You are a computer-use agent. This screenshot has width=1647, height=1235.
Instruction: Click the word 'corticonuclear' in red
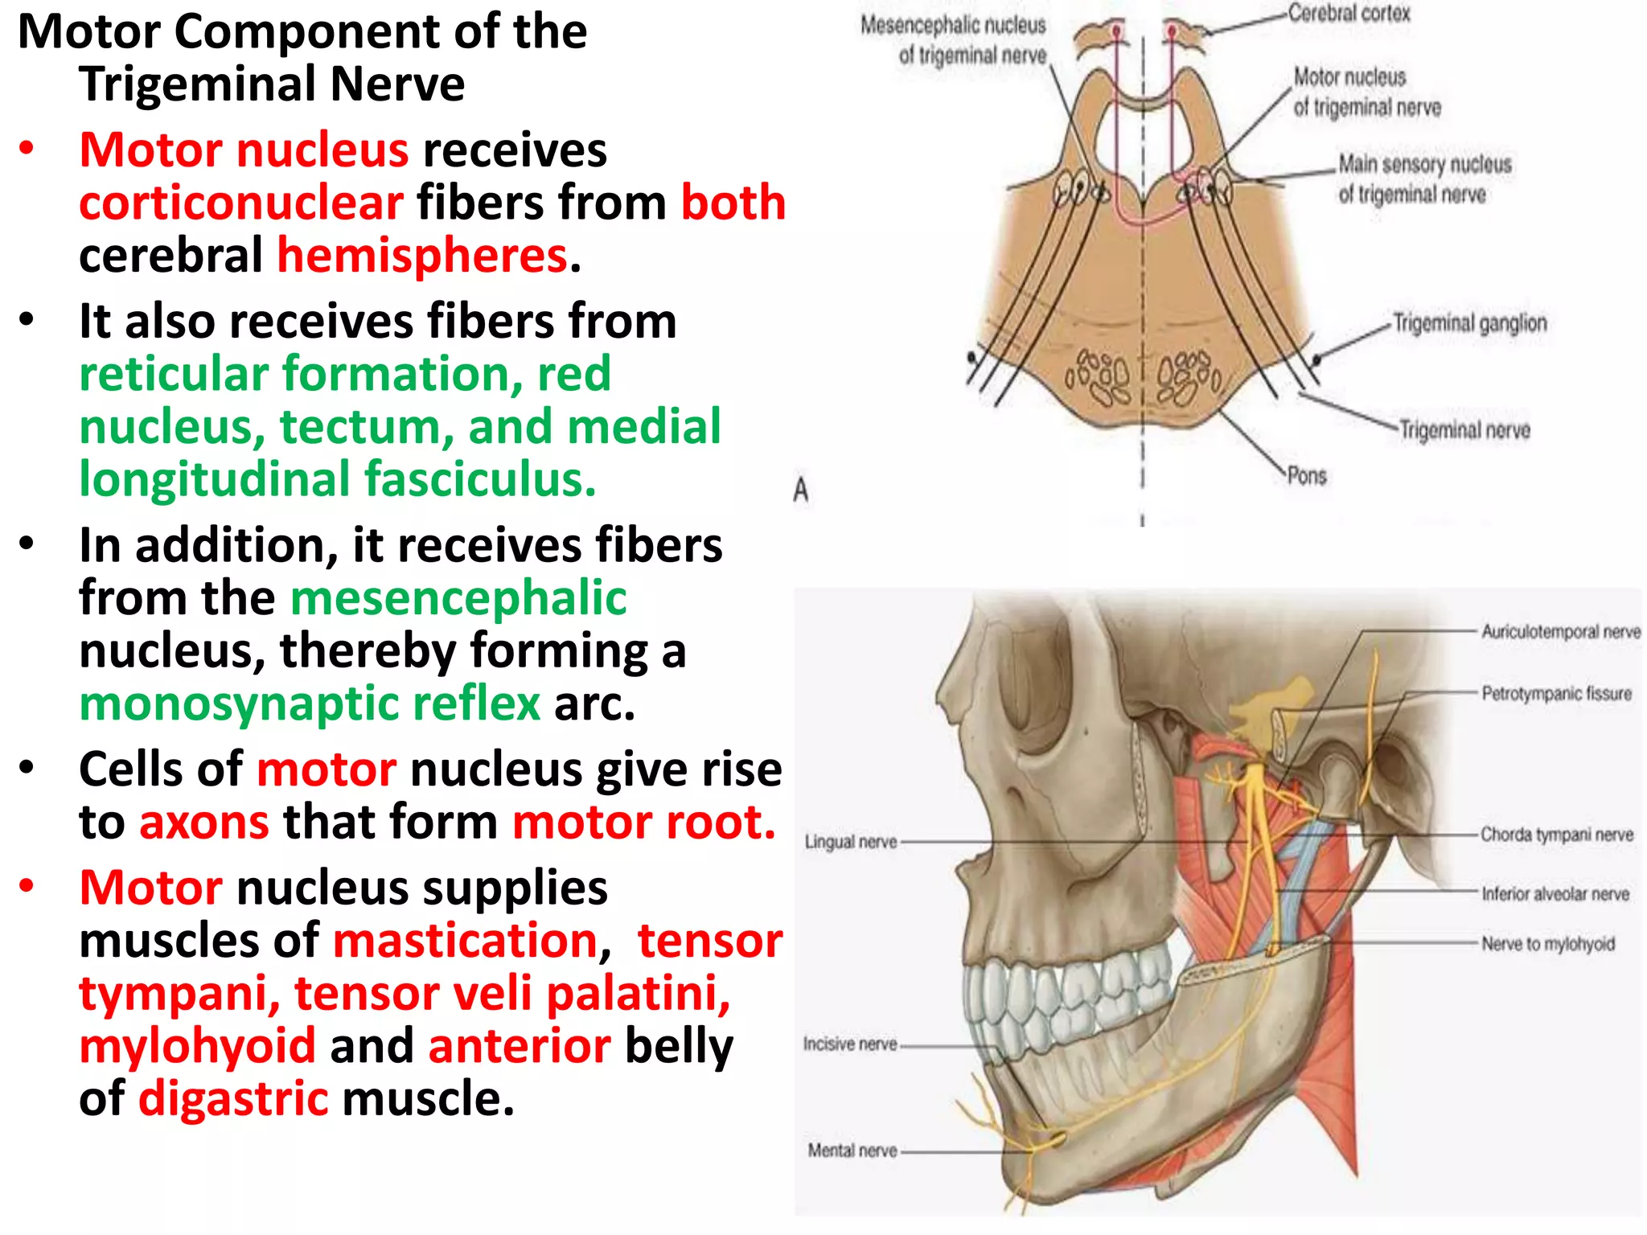[x=240, y=203]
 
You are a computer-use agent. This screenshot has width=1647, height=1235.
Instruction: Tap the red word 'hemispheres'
[x=423, y=256]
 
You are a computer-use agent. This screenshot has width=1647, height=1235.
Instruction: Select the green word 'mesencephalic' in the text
[x=458, y=598]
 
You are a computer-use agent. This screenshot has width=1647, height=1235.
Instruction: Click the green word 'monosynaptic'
[x=310, y=704]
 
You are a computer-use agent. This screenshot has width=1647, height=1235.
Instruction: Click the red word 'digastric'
[x=233, y=1099]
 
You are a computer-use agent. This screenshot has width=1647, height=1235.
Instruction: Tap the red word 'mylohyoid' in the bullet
[x=198, y=1046]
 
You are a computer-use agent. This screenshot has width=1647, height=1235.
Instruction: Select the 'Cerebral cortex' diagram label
[x=1349, y=14]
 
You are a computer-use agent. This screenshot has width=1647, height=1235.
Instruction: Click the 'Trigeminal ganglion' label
[x=1469, y=323]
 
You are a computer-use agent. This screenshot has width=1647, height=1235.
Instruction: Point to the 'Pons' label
[x=1307, y=476]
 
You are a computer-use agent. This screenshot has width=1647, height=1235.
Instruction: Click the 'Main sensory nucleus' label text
[x=1424, y=165]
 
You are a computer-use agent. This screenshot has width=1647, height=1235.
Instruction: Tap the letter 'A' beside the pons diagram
[x=800, y=490]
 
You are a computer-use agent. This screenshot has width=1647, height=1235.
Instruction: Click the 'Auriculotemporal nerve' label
[x=1560, y=632]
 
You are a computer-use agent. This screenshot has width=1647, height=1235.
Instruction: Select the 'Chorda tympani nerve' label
[x=1556, y=835]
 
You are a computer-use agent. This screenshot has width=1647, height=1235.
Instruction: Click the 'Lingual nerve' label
[x=851, y=842]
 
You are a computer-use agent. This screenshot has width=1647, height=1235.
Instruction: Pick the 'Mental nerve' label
[x=852, y=1151]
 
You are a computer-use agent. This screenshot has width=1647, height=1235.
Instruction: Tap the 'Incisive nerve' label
[x=850, y=1044]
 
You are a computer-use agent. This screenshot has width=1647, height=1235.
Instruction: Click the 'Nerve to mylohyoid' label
[x=1548, y=944]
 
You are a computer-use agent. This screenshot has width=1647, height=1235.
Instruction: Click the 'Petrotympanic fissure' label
[x=1556, y=693]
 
